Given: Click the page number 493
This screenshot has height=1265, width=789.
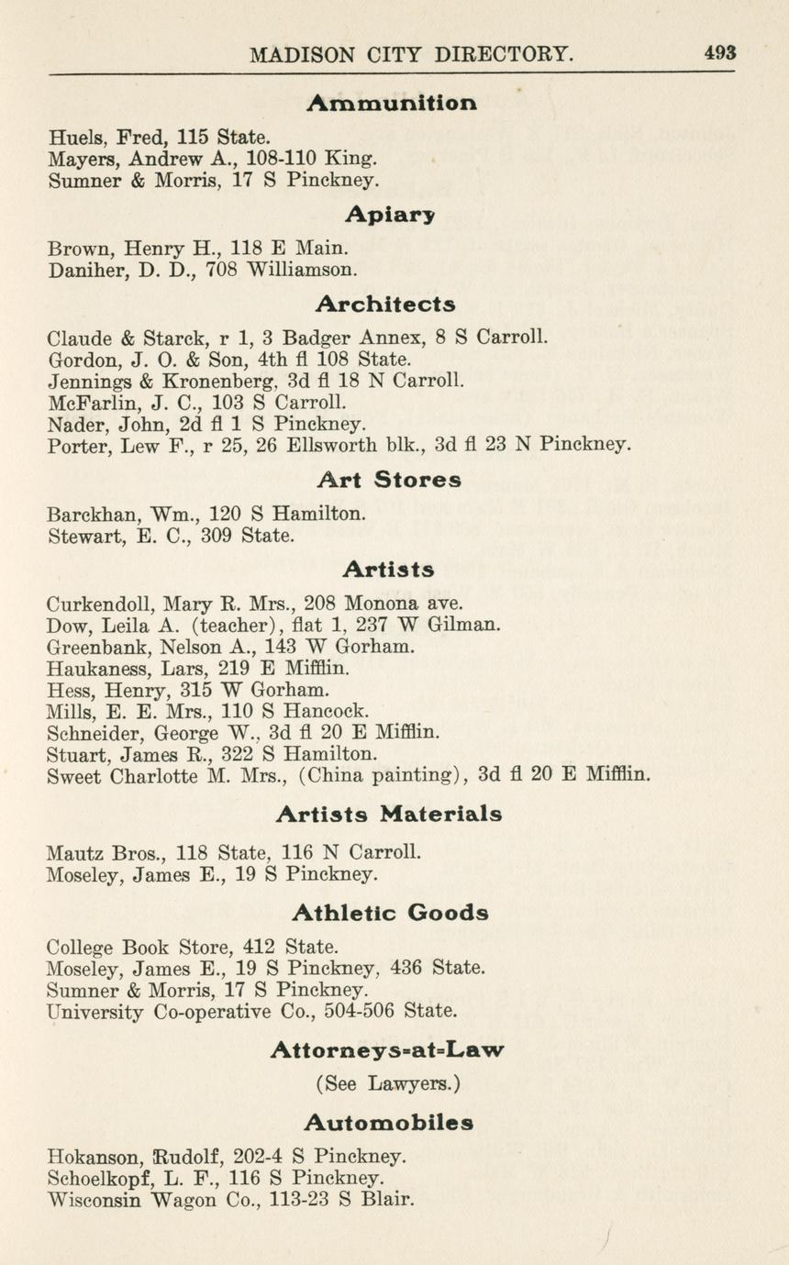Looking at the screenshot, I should tap(720, 53).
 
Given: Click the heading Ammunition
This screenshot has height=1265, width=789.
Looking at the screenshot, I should tap(392, 103).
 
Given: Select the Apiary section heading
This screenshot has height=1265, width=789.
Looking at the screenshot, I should tap(390, 215).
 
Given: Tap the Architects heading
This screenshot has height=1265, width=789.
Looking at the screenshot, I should tap(385, 303).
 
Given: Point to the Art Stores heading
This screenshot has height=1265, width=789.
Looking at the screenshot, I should tap(389, 480).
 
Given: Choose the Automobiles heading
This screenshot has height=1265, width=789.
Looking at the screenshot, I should tap(389, 1122).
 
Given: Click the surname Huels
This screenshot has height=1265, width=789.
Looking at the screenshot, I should tap(78, 138).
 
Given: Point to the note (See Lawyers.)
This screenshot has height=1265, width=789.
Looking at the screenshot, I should tap(388, 1083).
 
